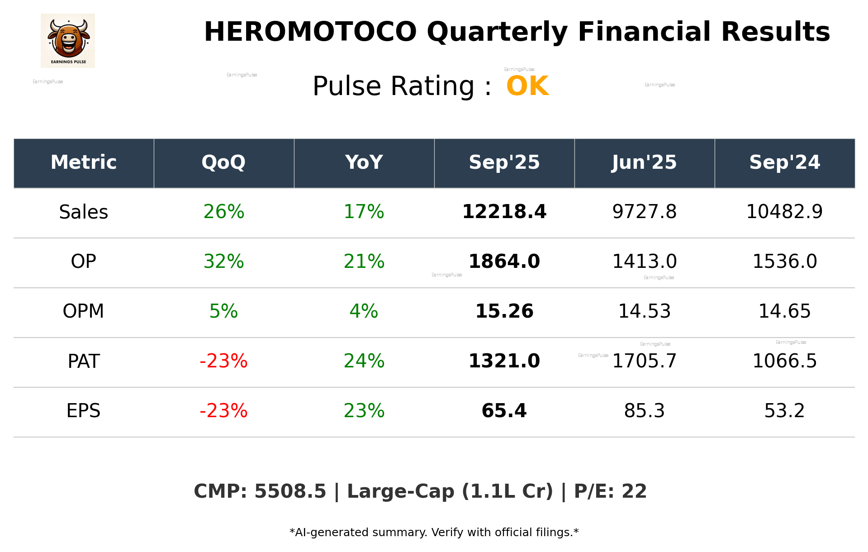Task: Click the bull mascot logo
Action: [68, 40]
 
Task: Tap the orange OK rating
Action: [527, 86]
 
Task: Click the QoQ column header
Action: [223, 162]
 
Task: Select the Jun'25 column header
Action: [644, 162]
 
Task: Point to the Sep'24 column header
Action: [784, 162]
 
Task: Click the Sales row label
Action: [84, 212]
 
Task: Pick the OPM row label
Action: [84, 311]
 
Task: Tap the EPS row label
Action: [84, 411]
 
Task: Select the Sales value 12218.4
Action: [504, 212]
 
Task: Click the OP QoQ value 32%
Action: [223, 262]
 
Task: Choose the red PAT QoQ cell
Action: [223, 361]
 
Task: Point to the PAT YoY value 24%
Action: [364, 361]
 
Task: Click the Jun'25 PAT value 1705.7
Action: [644, 361]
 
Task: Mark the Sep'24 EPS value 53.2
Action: [784, 411]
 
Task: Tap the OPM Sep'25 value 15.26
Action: [504, 311]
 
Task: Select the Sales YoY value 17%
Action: [364, 212]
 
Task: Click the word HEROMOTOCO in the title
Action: [310, 32]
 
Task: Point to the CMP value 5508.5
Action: [290, 492]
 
